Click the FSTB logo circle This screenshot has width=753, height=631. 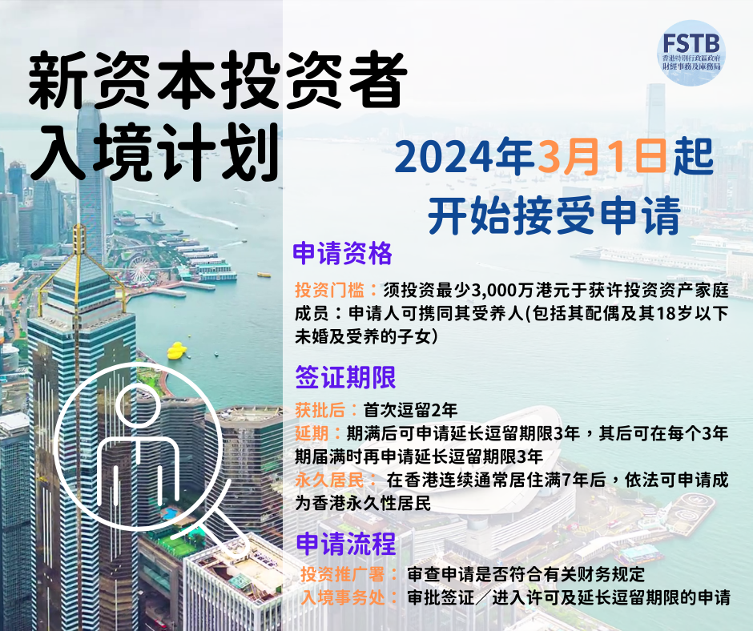coord(691,53)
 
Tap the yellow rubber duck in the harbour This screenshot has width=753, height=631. coord(177,351)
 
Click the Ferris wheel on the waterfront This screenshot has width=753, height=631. coord(139,269)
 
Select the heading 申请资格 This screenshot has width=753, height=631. coord(342,254)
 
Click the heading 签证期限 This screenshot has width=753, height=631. coord(345,377)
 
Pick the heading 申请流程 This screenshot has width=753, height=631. coord(346,544)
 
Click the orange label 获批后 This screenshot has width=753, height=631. coord(320,410)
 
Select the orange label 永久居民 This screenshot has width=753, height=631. coord(329,480)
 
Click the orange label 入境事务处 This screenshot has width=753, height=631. coord(344,597)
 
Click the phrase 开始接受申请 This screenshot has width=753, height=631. coord(554,215)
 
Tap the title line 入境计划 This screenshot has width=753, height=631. coord(155,151)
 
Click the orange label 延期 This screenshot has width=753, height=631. coord(312,433)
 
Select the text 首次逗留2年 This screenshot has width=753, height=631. coord(411,410)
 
